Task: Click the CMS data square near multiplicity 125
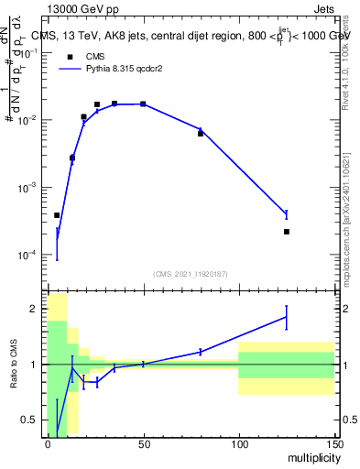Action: click(x=287, y=232)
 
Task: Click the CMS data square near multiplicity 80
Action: click(x=201, y=134)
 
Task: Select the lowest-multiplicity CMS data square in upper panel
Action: click(x=57, y=215)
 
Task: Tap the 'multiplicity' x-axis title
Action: click(x=312, y=456)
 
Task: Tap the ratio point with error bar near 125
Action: click(x=287, y=317)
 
